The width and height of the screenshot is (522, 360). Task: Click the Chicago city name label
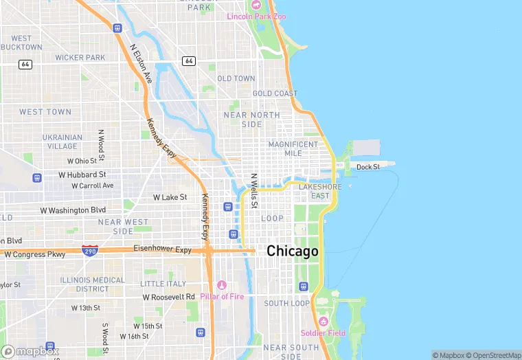click(x=293, y=251)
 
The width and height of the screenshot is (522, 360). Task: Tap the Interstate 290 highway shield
click(x=89, y=251)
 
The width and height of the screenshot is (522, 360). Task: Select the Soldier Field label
click(x=323, y=333)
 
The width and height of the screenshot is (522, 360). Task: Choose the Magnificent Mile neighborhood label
click(x=293, y=148)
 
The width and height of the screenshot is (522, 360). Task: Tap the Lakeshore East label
click(x=319, y=191)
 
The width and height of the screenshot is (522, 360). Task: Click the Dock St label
click(x=367, y=167)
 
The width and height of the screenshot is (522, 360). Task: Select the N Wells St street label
click(x=253, y=190)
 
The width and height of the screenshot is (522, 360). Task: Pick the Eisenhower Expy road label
click(x=162, y=249)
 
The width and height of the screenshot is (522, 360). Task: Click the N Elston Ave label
click(x=141, y=65)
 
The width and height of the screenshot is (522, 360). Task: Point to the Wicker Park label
click(x=80, y=58)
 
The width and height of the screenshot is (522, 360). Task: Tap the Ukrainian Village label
click(x=63, y=142)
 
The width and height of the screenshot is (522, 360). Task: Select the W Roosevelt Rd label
click(x=169, y=297)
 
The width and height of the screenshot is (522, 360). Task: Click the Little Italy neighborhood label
click(x=163, y=284)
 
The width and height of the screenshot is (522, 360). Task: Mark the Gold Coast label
click(x=275, y=93)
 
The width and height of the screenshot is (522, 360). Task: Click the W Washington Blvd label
click(x=73, y=210)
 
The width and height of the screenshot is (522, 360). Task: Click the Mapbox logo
click(x=30, y=350)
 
